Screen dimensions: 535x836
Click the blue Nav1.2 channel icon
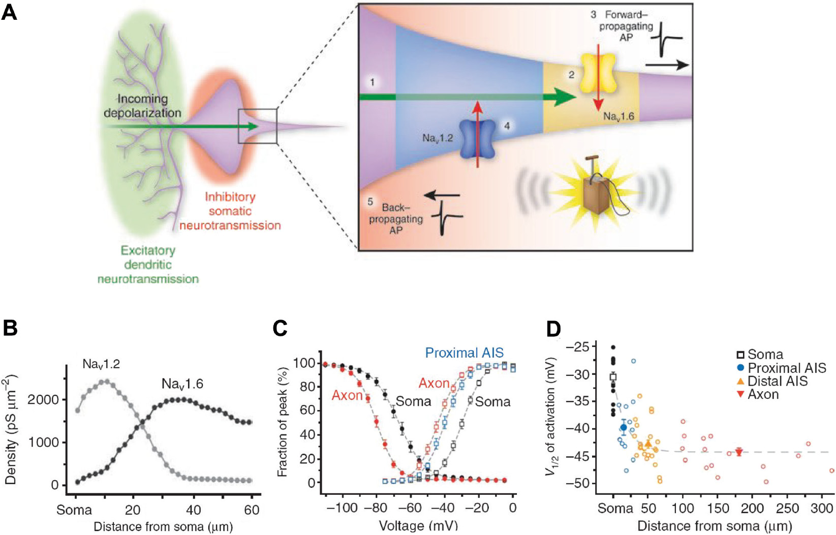click(x=477, y=139)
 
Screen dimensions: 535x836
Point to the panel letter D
click(x=553, y=329)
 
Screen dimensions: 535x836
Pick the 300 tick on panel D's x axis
click(x=821, y=509)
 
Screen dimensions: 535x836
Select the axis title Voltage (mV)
click(x=418, y=525)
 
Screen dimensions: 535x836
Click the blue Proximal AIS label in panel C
click(x=464, y=353)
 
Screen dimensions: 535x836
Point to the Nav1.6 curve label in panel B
click(x=182, y=384)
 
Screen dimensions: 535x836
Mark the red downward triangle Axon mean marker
click(x=739, y=452)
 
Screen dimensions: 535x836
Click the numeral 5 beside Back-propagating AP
click(x=370, y=202)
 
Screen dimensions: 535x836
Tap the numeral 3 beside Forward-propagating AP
click(x=593, y=15)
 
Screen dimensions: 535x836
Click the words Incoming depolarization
click(x=142, y=106)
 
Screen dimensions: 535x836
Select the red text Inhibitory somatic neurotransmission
click(x=230, y=211)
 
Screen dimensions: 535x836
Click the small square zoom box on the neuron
click(x=258, y=126)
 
